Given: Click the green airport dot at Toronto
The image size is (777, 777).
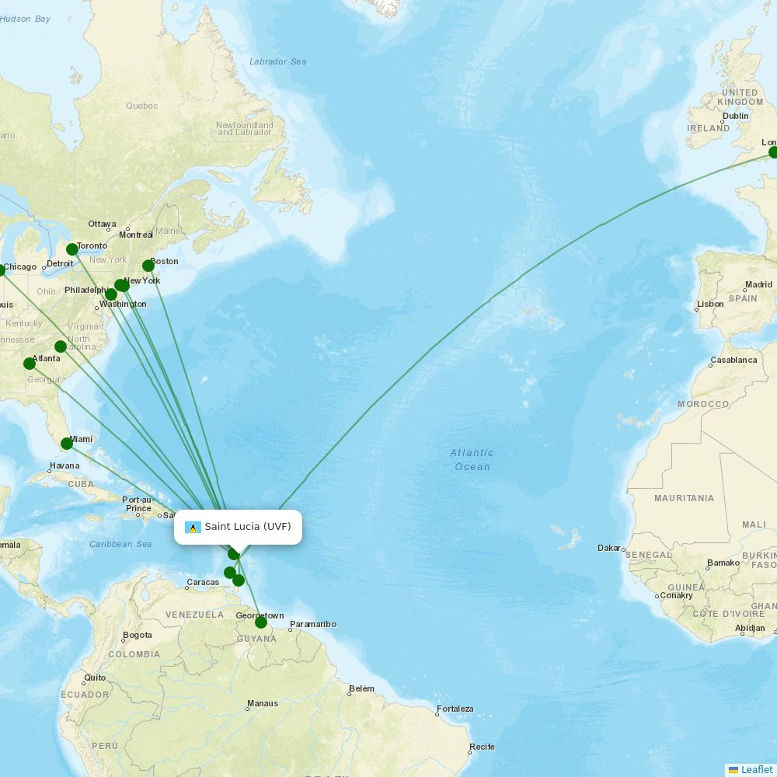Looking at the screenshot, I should tap(72, 249).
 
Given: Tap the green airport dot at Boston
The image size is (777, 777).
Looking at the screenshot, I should tap(148, 266).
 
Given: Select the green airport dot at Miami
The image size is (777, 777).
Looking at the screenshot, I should tap(67, 444).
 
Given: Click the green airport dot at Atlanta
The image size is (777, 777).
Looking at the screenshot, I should tap(30, 364).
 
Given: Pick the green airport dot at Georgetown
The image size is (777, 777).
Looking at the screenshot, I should tap(261, 622).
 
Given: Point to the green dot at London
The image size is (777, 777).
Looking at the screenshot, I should tap(773, 152).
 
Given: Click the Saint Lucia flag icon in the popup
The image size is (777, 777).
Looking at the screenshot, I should tap(193, 528).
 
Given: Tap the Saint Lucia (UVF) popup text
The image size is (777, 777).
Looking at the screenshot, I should tap(247, 527).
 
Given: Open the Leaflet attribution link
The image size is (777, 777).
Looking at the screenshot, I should tap(756, 769).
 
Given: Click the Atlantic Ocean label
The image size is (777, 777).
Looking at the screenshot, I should tap(472, 459).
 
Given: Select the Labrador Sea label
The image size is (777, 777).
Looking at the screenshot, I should tap(277, 61).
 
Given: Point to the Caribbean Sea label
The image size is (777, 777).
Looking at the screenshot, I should tap(120, 544).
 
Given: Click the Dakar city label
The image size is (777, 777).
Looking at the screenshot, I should tap(609, 548).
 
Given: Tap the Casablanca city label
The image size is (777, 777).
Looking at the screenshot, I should tap(733, 361).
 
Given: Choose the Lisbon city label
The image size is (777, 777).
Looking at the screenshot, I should tap(710, 304).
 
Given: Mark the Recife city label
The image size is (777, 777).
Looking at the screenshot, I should tap(482, 747).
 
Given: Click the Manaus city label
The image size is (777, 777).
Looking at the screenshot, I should tap(262, 703).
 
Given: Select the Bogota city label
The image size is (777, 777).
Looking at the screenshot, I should tap(137, 635).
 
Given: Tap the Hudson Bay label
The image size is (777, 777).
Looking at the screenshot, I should tap(25, 19).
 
